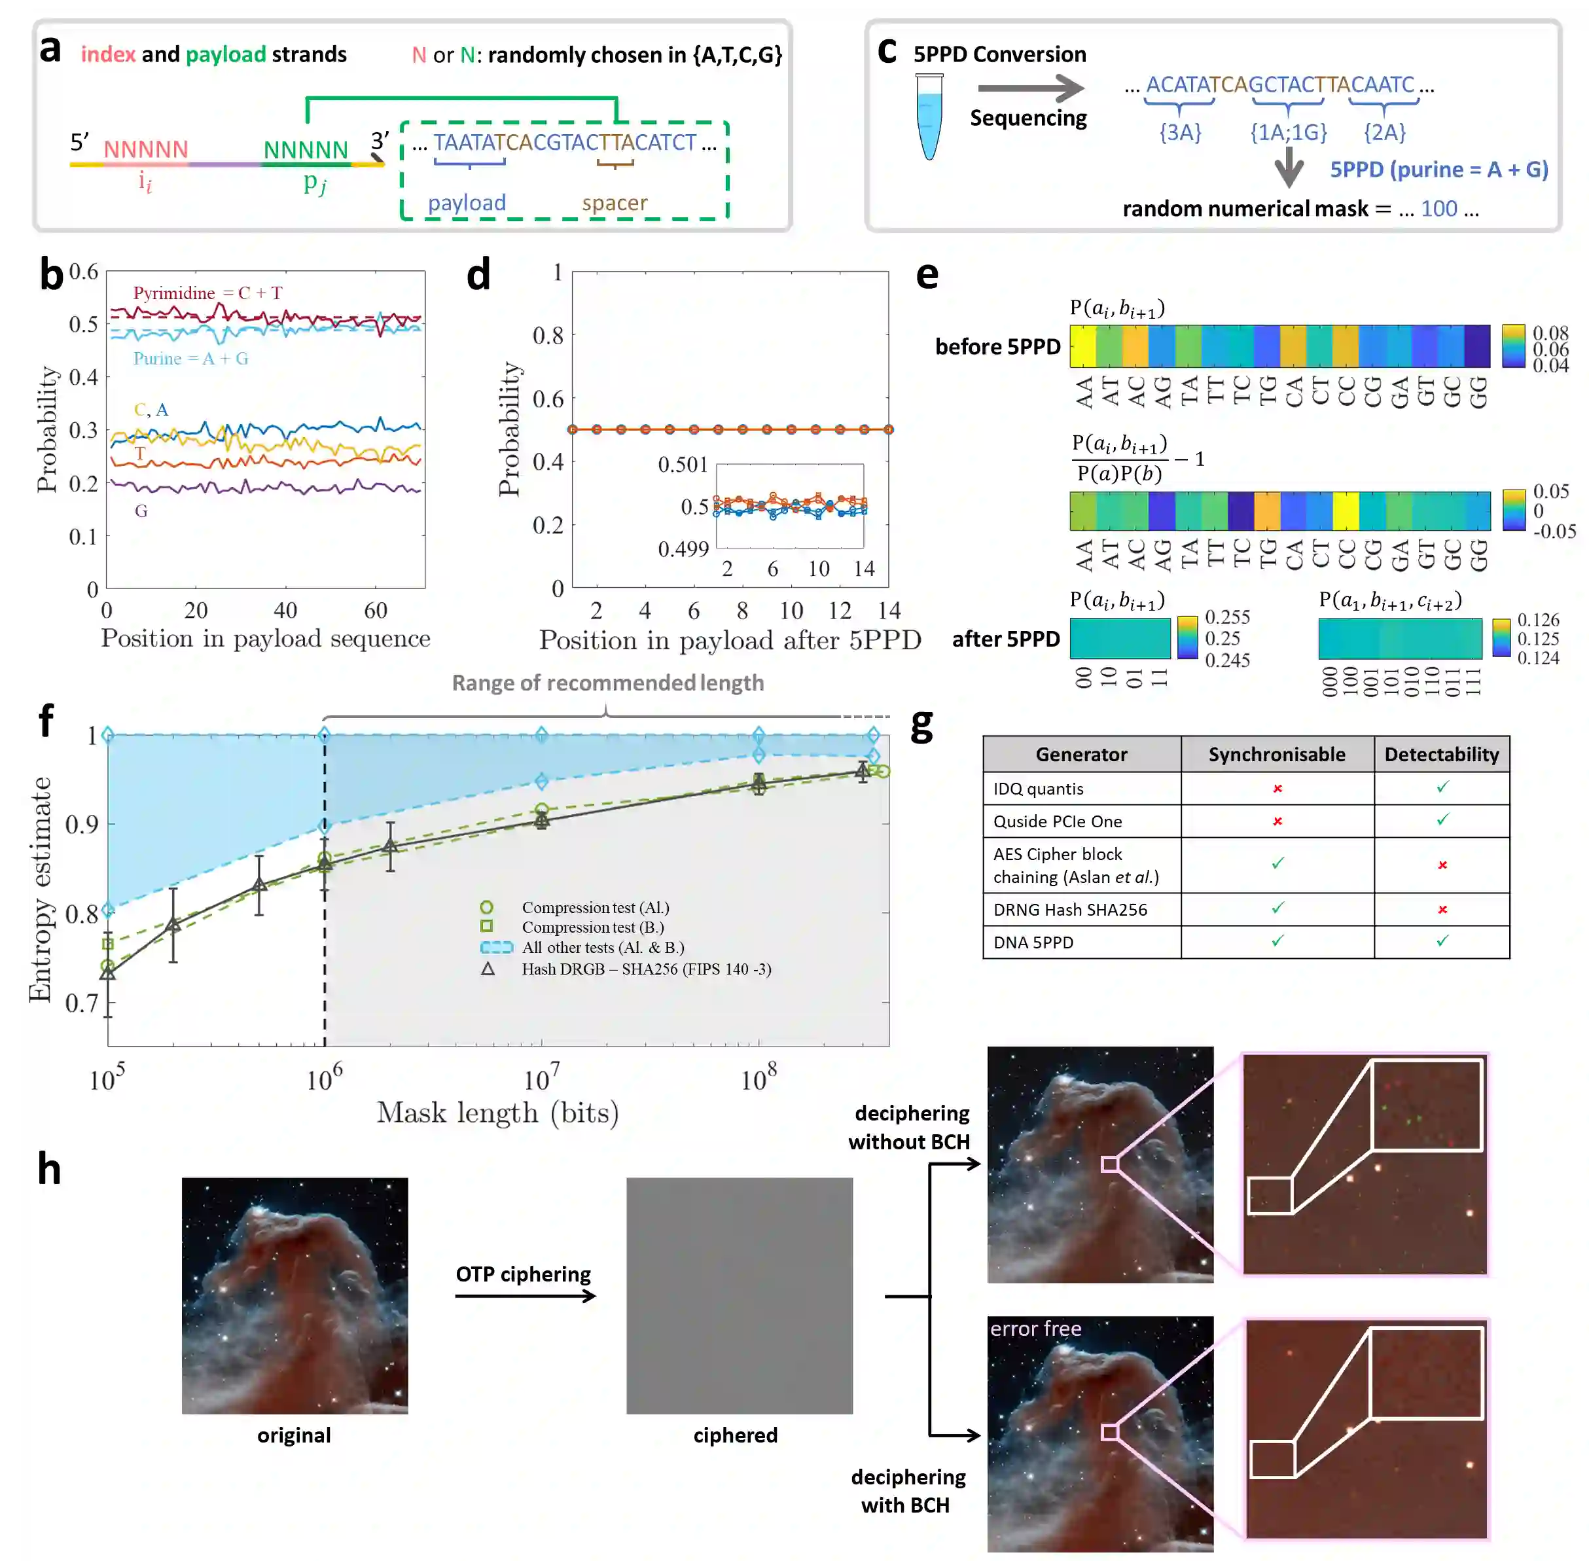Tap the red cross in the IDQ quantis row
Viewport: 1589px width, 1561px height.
point(1277,788)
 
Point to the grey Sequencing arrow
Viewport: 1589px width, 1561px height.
point(1031,88)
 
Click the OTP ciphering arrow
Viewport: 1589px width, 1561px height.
point(525,1296)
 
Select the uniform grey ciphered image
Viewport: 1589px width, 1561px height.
point(739,1295)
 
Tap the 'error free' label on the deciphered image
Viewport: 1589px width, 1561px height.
point(1035,1328)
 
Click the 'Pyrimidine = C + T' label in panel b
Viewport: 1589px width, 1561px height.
point(207,293)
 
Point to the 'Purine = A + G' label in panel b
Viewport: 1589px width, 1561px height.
point(190,358)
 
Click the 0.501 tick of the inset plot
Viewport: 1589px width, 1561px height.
point(682,465)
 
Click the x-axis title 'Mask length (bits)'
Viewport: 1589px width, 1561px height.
point(497,1113)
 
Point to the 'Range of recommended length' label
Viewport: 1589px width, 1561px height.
point(607,683)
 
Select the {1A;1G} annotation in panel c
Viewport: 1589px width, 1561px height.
point(1288,132)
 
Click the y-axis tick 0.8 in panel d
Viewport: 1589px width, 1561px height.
point(548,335)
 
